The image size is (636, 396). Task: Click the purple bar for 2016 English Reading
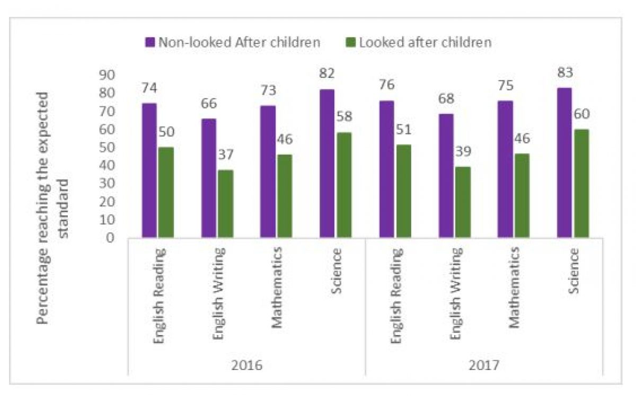click(x=149, y=170)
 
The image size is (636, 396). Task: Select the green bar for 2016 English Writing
click(x=225, y=203)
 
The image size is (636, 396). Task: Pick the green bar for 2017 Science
click(x=581, y=183)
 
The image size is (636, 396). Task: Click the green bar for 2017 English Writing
click(x=463, y=202)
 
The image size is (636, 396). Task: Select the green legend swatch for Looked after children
click(x=351, y=42)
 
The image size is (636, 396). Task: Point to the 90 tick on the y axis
click(x=107, y=76)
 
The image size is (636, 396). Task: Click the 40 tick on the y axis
click(x=107, y=166)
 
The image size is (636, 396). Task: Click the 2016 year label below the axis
click(x=247, y=365)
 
